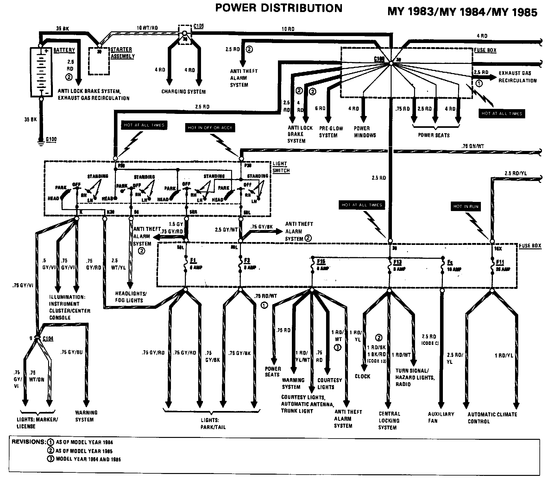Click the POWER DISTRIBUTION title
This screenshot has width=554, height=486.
(x=279, y=8)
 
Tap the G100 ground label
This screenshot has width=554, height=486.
(x=51, y=139)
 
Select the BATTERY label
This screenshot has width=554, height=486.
(x=64, y=50)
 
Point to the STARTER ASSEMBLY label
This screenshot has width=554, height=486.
(x=123, y=53)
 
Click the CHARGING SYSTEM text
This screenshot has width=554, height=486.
(x=184, y=92)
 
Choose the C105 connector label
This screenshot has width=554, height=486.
(x=198, y=26)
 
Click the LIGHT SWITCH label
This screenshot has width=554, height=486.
(x=281, y=167)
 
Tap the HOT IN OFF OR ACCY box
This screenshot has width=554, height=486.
(x=210, y=128)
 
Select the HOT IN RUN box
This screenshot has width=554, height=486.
(x=466, y=206)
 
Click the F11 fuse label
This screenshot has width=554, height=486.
(x=500, y=262)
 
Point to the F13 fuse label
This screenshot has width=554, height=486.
(x=397, y=262)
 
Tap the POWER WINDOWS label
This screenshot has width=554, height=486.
(x=365, y=132)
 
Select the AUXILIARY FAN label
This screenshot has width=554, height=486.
(x=441, y=417)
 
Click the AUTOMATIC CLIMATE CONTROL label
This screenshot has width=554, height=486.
(x=492, y=418)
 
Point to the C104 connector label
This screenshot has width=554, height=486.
(x=47, y=339)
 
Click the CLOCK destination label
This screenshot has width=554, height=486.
(x=362, y=377)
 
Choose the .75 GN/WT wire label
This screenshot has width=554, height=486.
(x=472, y=146)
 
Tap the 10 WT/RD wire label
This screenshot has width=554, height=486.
(x=147, y=28)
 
